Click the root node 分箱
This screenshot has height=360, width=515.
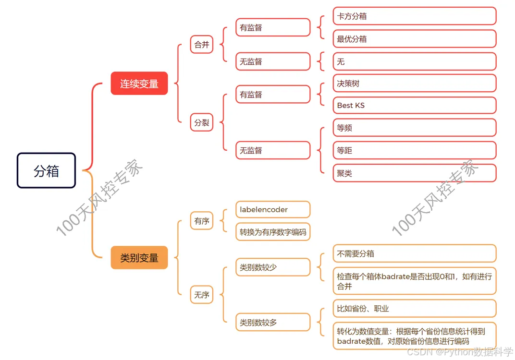click(x=47, y=170)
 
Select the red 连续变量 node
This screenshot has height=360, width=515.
click(x=139, y=83)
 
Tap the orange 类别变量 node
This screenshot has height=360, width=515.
click(x=139, y=257)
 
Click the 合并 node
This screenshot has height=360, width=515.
click(x=202, y=45)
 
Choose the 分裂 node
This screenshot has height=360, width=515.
click(x=202, y=122)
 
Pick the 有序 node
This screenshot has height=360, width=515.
click(x=202, y=221)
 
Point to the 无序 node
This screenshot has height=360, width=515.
click(x=202, y=295)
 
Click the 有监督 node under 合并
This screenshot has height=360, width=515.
click(x=273, y=27)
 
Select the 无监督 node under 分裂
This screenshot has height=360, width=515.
click(x=273, y=150)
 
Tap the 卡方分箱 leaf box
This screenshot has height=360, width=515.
click(x=414, y=16)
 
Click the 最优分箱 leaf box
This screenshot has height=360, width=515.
click(x=414, y=38)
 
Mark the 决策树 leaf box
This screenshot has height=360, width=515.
click(x=414, y=83)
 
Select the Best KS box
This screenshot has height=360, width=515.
click(x=414, y=105)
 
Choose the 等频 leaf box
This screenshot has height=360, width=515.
click(x=414, y=128)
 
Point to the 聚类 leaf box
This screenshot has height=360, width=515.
click(x=414, y=173)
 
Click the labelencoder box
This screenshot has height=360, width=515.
click(x=273, y=209)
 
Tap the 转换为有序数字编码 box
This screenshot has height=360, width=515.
click(x=273, y=232)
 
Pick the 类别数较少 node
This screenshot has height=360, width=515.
click(x=273, y=267)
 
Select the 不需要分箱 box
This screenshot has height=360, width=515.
click(x=414, y=253)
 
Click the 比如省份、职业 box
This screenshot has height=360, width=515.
click(x=414, y=309)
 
